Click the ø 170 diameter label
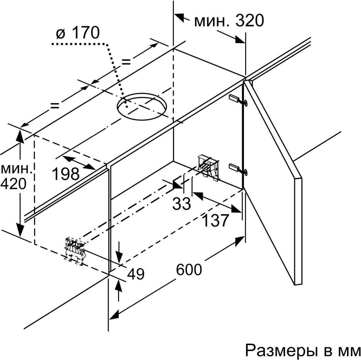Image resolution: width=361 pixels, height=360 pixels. (x=78, y=33)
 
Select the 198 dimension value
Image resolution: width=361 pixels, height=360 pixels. (x=66, y=174)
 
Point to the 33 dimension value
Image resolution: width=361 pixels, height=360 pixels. (x=182, y=203)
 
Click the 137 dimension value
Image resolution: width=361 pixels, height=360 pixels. (x=215, y=220)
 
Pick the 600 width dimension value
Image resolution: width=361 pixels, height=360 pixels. (x=189, y=269)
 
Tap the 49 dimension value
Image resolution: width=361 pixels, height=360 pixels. (x=136, y=274)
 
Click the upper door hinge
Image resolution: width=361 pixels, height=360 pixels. (x=239, y=100)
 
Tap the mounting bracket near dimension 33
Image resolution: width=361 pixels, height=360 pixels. (x=207, y=167)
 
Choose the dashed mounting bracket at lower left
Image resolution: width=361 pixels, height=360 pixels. (x=75, y=251)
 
